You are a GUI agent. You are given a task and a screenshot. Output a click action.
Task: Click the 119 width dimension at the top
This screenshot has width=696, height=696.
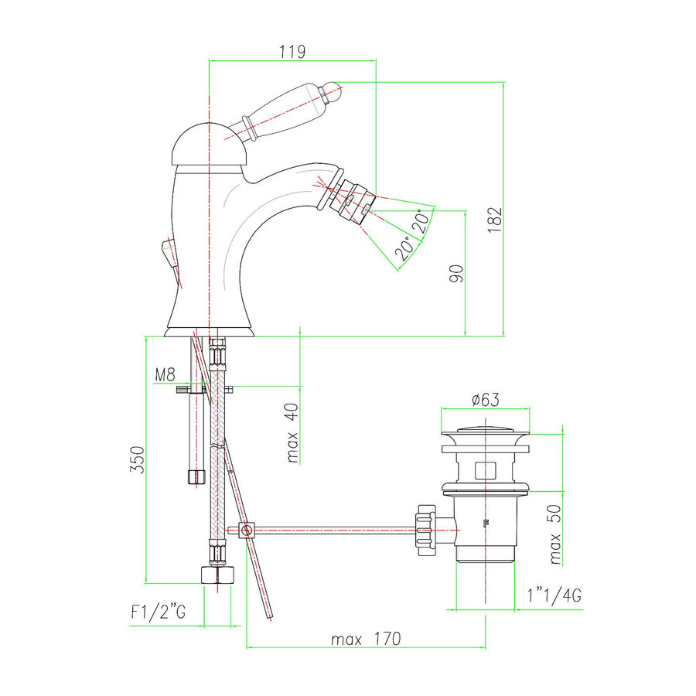tap(292, 52)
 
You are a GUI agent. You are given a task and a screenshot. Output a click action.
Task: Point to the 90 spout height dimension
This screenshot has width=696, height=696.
tap(456, 274)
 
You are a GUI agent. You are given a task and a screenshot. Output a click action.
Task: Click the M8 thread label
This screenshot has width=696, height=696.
tap(165, 375)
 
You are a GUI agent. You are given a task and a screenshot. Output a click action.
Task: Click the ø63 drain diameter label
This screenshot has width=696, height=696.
tap(485, 400)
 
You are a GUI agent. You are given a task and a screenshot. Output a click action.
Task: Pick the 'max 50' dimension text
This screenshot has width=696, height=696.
tap(554, 534)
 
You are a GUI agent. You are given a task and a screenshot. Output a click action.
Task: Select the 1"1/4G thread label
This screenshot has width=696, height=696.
tap(554, 595)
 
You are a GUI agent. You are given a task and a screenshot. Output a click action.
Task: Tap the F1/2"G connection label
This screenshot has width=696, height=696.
tap(159, 612)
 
